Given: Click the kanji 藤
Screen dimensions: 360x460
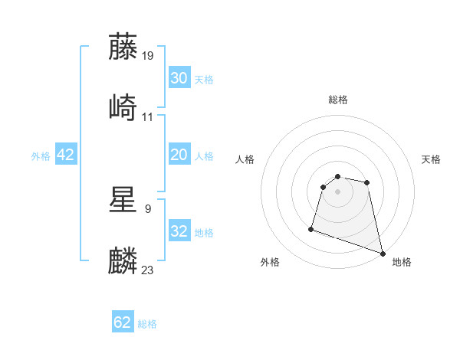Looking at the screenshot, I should tap(123, 47).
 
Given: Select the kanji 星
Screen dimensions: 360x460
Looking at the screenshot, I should tap(123, 201).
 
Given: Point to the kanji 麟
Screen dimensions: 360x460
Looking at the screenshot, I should tap(123, 260).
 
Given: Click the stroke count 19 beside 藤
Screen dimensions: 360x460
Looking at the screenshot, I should tap(148, 56).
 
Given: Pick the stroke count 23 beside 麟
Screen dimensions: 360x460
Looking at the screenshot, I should tap(148, 270).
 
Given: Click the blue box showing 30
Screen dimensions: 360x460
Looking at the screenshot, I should tap(179, 77).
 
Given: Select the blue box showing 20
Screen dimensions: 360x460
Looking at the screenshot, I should tap(179, 155).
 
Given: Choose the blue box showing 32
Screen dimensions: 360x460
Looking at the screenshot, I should tap(179, 231).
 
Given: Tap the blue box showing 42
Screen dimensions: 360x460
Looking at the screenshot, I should tap(66, 155).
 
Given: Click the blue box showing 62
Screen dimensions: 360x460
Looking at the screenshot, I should tap(123, 322).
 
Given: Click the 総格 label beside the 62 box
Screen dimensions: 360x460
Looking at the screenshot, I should tap(148, 324).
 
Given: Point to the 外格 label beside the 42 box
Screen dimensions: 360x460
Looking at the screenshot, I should tap(41, 156).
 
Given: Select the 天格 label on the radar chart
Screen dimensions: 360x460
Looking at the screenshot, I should tap(432, 159).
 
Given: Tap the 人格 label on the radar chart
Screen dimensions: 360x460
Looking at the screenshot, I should tap(245, 159).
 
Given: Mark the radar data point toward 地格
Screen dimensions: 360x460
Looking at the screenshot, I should tap(382, 252).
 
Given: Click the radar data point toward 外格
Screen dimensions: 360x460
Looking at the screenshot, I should tap(311, 228).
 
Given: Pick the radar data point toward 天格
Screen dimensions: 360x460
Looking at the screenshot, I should tap(367, 182).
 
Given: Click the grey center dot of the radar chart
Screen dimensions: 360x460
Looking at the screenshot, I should tap(337, 191).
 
